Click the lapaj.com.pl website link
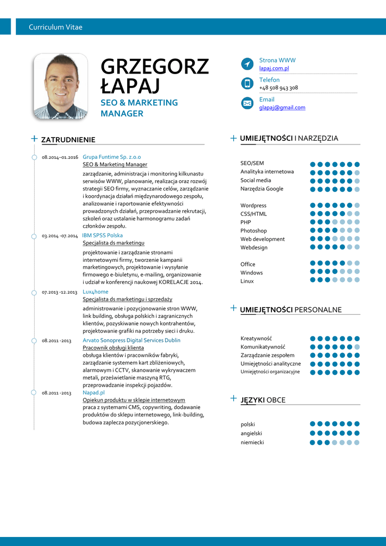pyautogui.click(x=274, y=68)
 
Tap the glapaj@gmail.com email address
pyautogui.click(x=282, y=107)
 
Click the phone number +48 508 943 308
pyautogui.click(x=278, y=87)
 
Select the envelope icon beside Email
pyautogui.click(x=247, y=103)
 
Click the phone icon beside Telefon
pyautogui.click(x=247, y=83)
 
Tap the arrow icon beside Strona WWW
pyautogui.click(x=247, y=64)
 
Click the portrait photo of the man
pyautogui.click(x=60, y=86)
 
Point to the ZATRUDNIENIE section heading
pyautogui.click(x=68, y=140)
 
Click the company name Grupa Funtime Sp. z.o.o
pyautogui.click(x=112, y=157)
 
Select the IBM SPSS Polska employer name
pyautogui.click(x=102, y=235)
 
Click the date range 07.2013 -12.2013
pyautogui.click(x=60, y=292)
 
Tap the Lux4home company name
pyautogui.click(x=95, y=292)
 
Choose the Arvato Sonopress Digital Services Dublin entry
pyautogui.click(x=132, y=340)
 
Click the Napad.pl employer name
pyautogui.click(x=94, y=392)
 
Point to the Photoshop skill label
pyautogui.click(x=253, y=231)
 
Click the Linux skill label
pyautogui.click(x=247, y=281)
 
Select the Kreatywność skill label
pyautogui.click(x=256, y=338)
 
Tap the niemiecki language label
pyautogui.click(x=252, y=442)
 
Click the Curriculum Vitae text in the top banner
pyautogui.click(x=55, y=27)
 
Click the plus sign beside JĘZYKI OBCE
pyautogui.click(x=233, y=398)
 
